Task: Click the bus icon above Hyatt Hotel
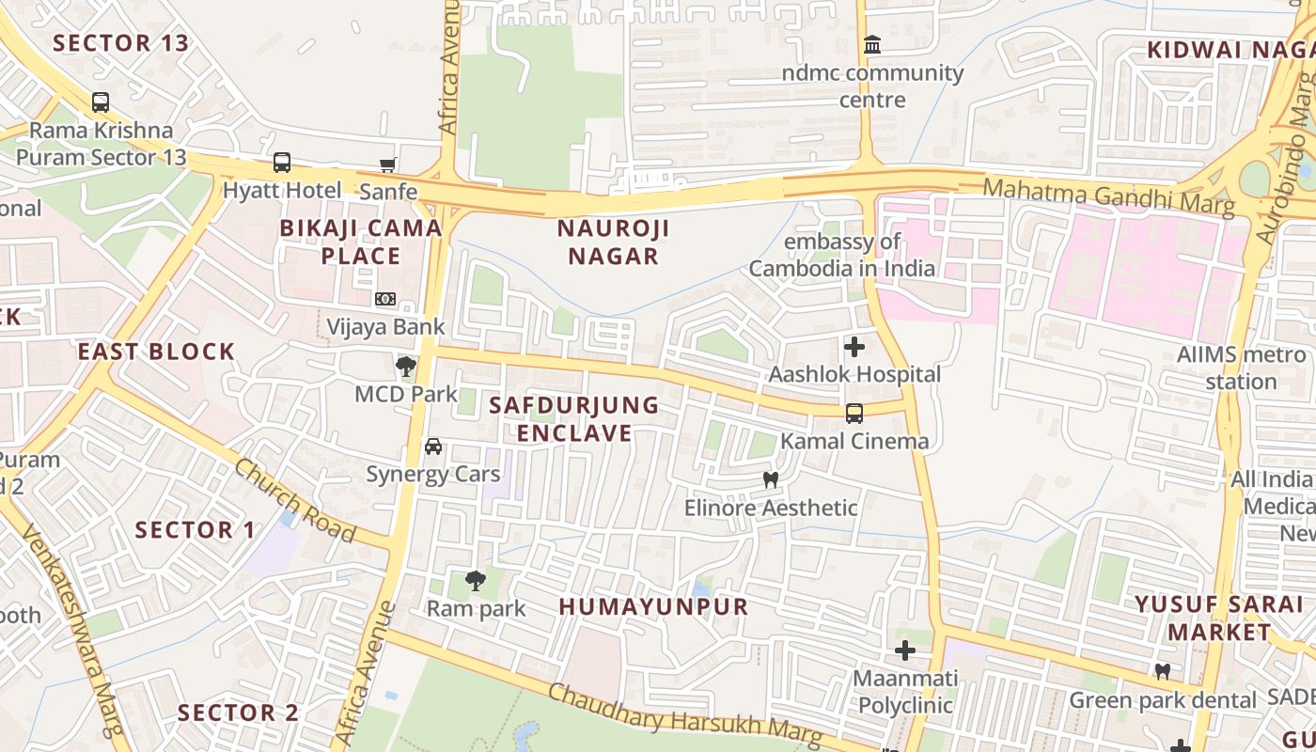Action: click(x=281, y=163)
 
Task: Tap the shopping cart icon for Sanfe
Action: click(x=387, y=165)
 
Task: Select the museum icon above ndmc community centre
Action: click(x=872, y=45)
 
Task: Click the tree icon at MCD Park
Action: click(x=406, y=366)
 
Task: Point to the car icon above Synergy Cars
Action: click(x=432, y=446)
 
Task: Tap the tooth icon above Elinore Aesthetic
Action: click(x=771, y=480)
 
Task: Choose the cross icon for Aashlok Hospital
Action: click(x=854, y=347)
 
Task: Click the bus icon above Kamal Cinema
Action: click(x=854, y=414)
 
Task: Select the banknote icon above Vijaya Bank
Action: click(x=384, y=299)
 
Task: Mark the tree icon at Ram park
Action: click(x=476, y=581)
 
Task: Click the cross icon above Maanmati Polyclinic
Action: click(x=905, y=650)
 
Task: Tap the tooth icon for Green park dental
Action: click(x=1163, y=672)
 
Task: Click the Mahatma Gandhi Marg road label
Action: click(x=1108, y=196)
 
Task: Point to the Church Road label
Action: click(x=295, y=500)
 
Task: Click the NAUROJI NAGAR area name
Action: click(x=613, y=242)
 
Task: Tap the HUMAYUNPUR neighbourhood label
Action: click(x=654, y=606)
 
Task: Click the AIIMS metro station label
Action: click(x=1241, y=368)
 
